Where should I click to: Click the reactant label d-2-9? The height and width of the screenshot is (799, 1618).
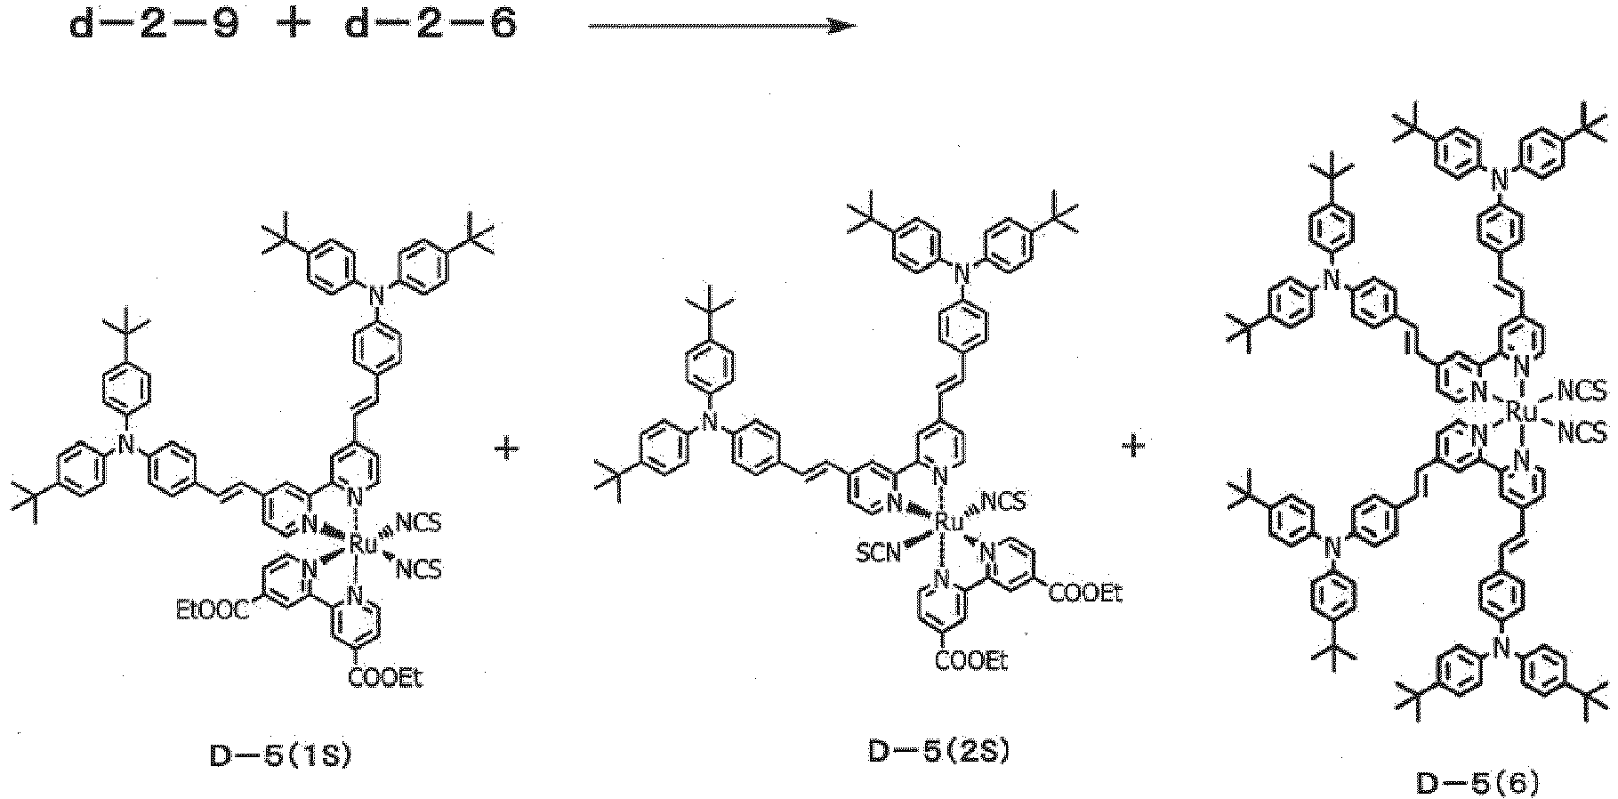pos(154,26)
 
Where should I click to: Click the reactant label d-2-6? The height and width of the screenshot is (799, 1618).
pos(430,26)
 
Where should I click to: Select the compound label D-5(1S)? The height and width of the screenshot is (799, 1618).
pos(280,756)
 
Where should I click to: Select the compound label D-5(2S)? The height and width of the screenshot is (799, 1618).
pos(938,752)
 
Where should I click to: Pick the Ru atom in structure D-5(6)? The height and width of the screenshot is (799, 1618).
pos(1524,412)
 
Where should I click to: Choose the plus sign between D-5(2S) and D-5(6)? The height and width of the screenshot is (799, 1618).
pos(1133,446)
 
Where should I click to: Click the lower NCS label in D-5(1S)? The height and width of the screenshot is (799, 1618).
pos(417,569)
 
